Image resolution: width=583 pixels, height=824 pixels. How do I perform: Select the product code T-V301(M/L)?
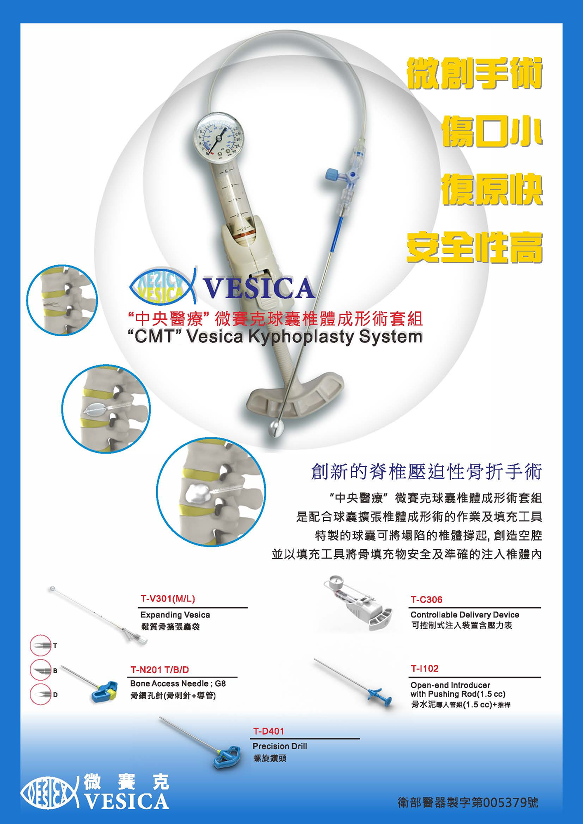(x=168, y=599)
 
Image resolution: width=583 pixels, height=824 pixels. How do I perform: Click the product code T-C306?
(x=426, y=599)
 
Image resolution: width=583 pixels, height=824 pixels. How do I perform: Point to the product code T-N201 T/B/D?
(x=160, y=669)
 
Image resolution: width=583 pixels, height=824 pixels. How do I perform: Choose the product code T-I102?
(x=424, y=668)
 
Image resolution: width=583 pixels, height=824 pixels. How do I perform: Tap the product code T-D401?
(x=268, y=731)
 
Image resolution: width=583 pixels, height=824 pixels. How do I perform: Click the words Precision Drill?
(x=280, y=746)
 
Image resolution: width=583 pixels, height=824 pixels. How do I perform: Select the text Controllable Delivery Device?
(x=465, y=614)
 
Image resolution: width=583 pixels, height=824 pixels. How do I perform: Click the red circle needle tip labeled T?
(x=40, y=645)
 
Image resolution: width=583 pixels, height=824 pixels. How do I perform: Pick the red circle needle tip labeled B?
(x=40, y=670)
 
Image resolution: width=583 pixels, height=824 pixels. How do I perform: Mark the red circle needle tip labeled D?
(x=40, y=694)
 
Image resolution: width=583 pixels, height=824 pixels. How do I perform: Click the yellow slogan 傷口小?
(x=492, y=131)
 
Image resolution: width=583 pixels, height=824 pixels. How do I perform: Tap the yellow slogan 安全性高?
(x=475, y=247)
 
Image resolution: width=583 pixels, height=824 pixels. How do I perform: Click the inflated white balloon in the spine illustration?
(x=197, y=493)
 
